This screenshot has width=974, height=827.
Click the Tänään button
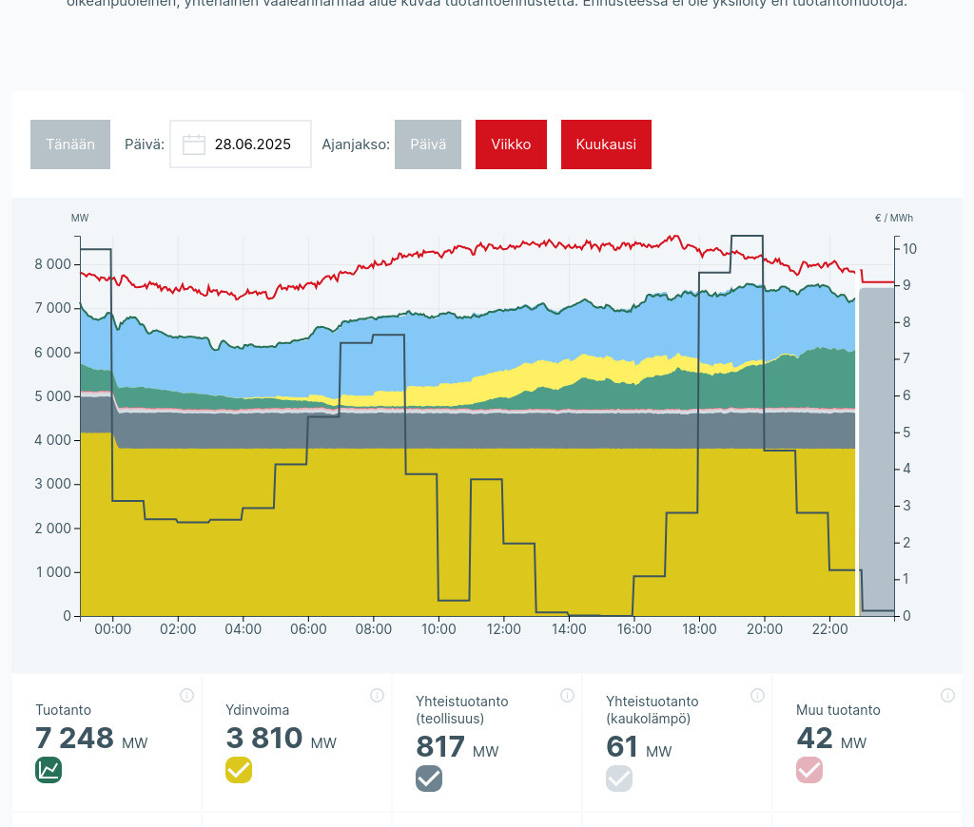[x=70, y=144]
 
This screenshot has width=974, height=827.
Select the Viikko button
[x=511, y=144]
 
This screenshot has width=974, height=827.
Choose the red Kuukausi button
[x=606, y=144]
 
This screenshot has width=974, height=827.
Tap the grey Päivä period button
[x=428, y=144]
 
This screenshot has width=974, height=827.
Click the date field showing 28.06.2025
[x=252, y=144]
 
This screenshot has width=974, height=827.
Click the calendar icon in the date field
[x=194, y=144]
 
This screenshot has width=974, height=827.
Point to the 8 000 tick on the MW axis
[x=52, y=264]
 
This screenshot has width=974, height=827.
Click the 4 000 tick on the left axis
[x=52, y=440]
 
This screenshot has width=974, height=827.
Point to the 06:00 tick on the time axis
[x=308, y=629]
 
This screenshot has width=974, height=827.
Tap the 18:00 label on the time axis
[x=699, y=629]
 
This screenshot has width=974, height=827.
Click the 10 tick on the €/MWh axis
[x=909, y=249]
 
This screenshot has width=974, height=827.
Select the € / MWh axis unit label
[x=893, y=219]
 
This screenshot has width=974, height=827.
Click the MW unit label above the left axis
[x=80, y=219]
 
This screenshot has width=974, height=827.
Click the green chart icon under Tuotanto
[x=49, y=770]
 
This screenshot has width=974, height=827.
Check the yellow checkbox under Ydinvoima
[x=239, y=770]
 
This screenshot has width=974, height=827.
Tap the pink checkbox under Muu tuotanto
[x=809, y=770]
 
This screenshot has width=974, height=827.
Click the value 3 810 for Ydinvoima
[x=264, y=739]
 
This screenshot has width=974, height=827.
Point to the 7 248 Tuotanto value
[x=74, y=739]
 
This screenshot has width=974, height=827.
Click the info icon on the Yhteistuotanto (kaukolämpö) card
[x=757, y=696]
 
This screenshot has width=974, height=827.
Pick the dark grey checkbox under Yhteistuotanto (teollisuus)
[x=429, y=779]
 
